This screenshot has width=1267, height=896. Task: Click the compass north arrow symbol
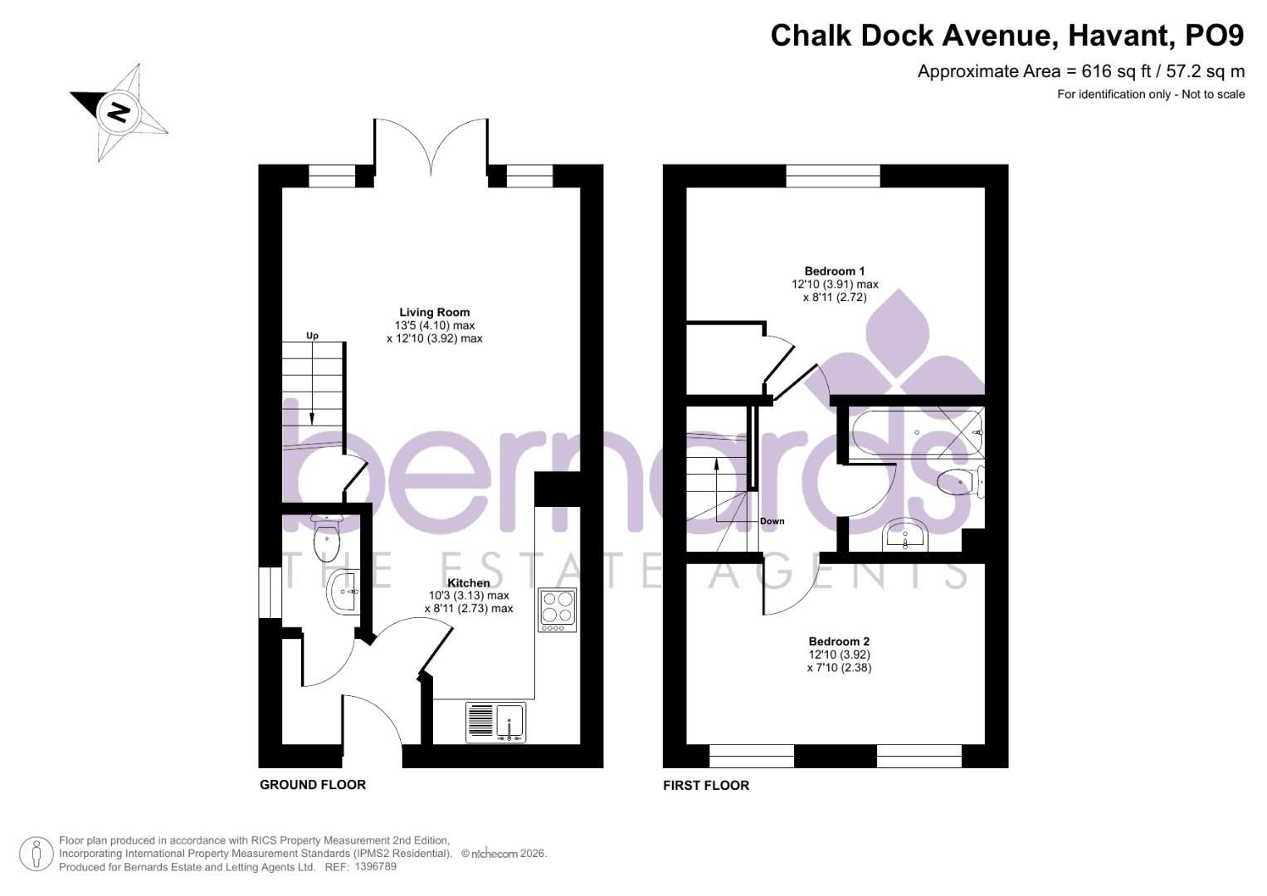tap(119, 111)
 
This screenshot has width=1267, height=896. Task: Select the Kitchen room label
tap(468, 583)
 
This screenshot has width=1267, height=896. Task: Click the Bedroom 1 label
tap(834, 271)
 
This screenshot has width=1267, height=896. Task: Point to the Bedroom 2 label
tap(839, 641)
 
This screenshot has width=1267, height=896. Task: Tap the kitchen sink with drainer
tap(495, 721)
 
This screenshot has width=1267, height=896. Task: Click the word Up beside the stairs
tap(312, 336)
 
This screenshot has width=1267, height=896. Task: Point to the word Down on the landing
tap(772, 522)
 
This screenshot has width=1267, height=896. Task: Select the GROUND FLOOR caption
tap(313, 785)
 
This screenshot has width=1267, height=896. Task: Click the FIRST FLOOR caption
tap(705, 786)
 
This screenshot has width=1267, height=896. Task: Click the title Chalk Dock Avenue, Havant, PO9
tap(1006, 36)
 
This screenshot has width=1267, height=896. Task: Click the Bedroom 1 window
tap(832, 175)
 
